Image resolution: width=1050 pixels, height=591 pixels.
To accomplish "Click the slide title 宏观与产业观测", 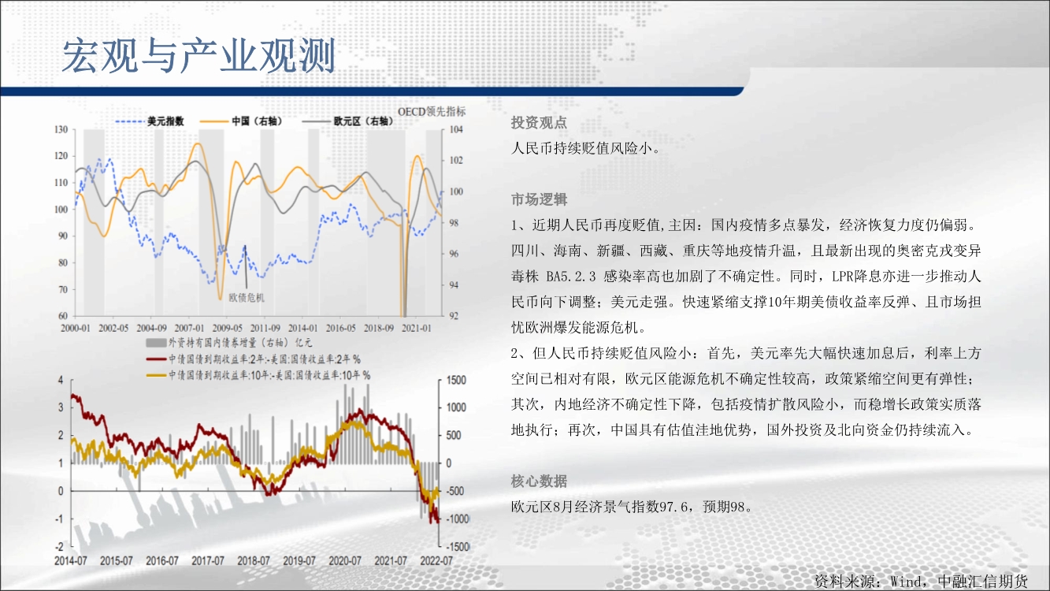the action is point(198,56).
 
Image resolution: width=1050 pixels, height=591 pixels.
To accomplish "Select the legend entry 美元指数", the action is point(165,121).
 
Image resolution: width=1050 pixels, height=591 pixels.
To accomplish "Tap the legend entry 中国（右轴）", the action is point(257,121).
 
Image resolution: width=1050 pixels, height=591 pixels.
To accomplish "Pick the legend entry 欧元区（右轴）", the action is point(363,121).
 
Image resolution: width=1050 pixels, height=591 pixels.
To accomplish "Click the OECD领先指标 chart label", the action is point(432,112).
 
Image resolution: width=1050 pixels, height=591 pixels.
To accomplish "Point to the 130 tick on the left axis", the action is point(61,129).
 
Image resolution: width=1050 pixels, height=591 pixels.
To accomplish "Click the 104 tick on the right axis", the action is point(456,129).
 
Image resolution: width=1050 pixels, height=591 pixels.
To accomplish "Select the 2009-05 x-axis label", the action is point(228,329).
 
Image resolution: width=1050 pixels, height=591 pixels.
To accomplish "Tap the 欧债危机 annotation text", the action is point(247,298).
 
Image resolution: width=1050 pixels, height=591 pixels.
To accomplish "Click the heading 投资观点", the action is point(539,123).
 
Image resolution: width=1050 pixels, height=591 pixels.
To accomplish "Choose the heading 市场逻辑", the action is point(539,200).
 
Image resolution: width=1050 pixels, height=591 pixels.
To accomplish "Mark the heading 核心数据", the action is point(539,481).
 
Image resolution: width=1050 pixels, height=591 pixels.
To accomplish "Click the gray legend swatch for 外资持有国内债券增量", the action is point(156,344).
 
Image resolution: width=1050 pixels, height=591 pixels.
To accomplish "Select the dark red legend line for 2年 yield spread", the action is point(156,360).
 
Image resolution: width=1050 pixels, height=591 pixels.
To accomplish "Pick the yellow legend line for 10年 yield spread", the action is point(156,375).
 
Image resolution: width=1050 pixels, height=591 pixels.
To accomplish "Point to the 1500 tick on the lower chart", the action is point(456,381).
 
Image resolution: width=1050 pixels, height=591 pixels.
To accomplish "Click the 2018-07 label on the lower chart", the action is point(253,561).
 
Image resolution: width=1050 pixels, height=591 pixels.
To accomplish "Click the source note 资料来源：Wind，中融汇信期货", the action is point(921,582).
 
